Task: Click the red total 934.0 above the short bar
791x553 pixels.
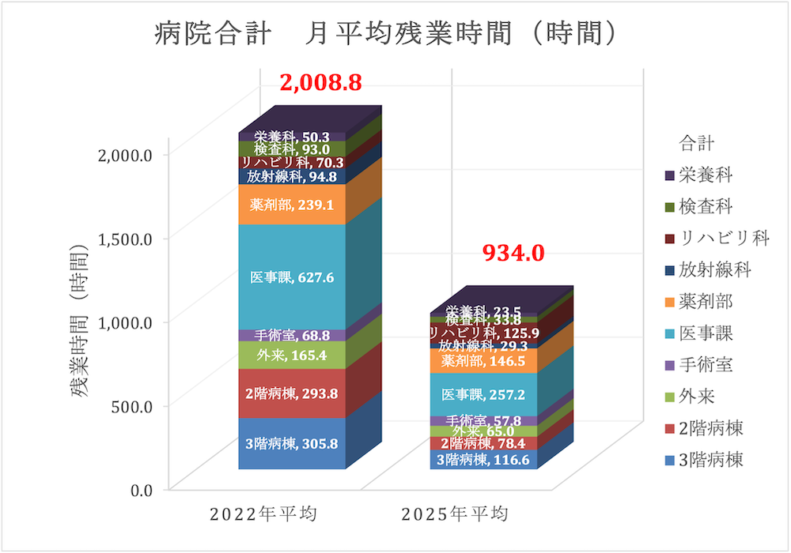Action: pyautogui.click(x=514, y=253)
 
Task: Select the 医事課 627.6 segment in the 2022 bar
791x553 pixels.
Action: pyautogui.click(x=293, y=277)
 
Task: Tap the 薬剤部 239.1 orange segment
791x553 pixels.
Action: pyautogui.click(x=293, y=205)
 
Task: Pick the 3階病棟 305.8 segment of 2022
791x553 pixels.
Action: pyautogui.click(x=293, y=444)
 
